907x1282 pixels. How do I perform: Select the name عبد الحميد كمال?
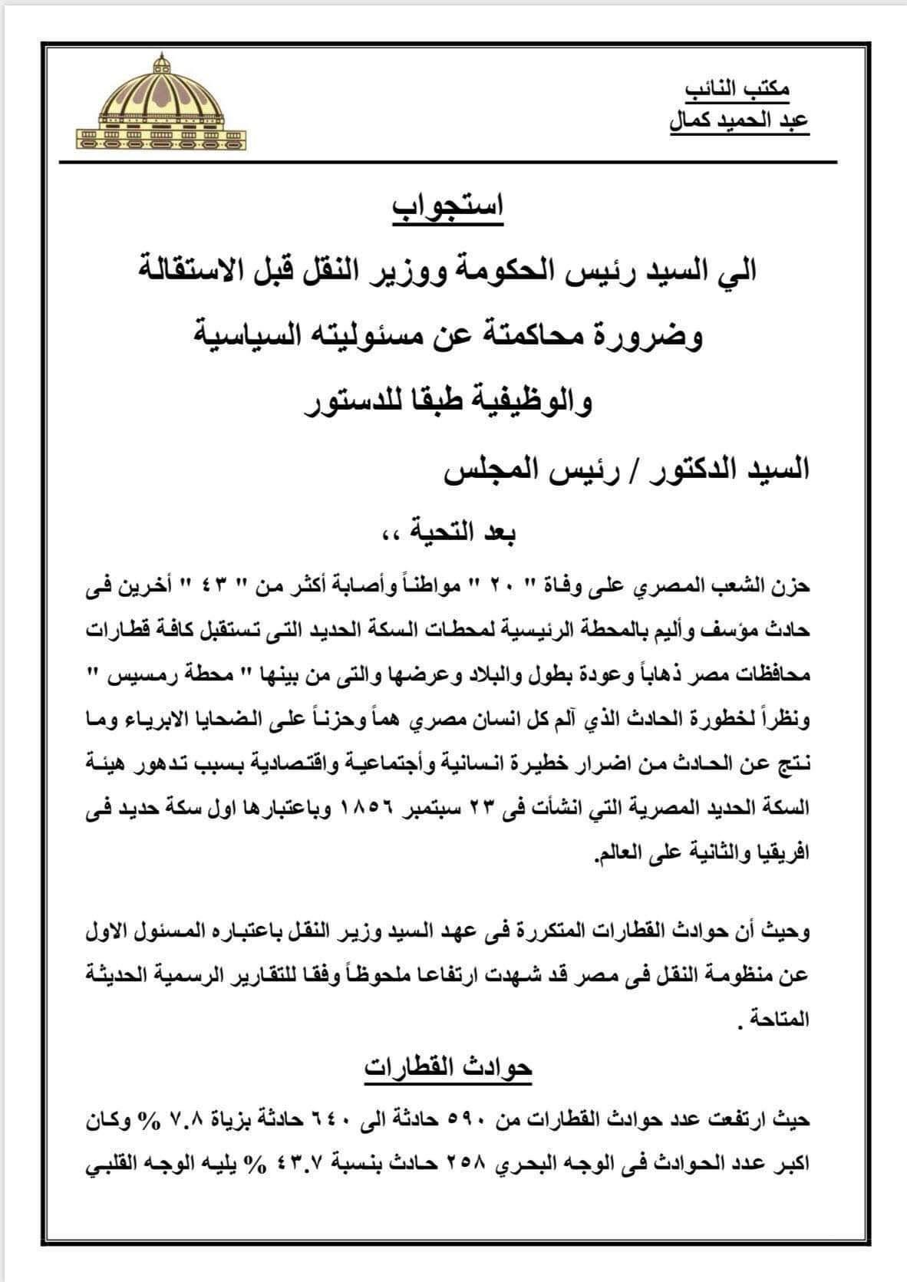tap(730, 122)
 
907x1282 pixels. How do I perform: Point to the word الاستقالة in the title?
tap(215, 271)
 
